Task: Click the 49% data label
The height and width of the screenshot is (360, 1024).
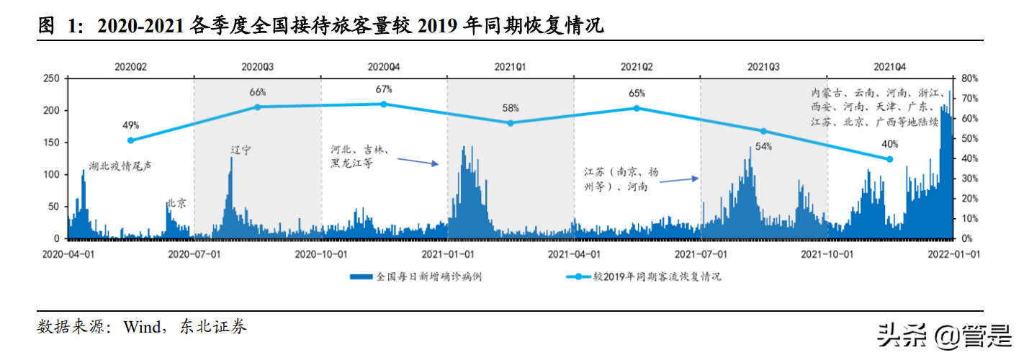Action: click(x=130, y=125)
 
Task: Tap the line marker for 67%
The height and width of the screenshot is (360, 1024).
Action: click(x=383, y=104)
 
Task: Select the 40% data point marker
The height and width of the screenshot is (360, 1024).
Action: click(x=889, y=159)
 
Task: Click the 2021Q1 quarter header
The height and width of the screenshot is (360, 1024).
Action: click(x=510, y=67)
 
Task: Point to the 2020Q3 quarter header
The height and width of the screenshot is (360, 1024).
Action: click(x=257, y=67)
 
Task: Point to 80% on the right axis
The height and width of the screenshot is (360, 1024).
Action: click(x=969, y=78)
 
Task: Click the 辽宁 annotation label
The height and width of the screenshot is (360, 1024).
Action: click(x=241, y=150)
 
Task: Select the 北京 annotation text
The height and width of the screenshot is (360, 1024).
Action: click(x=177, y=204)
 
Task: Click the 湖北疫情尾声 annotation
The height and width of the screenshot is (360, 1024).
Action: click(x=120, y=166)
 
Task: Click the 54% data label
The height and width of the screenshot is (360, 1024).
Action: click(x=763, y=147)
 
